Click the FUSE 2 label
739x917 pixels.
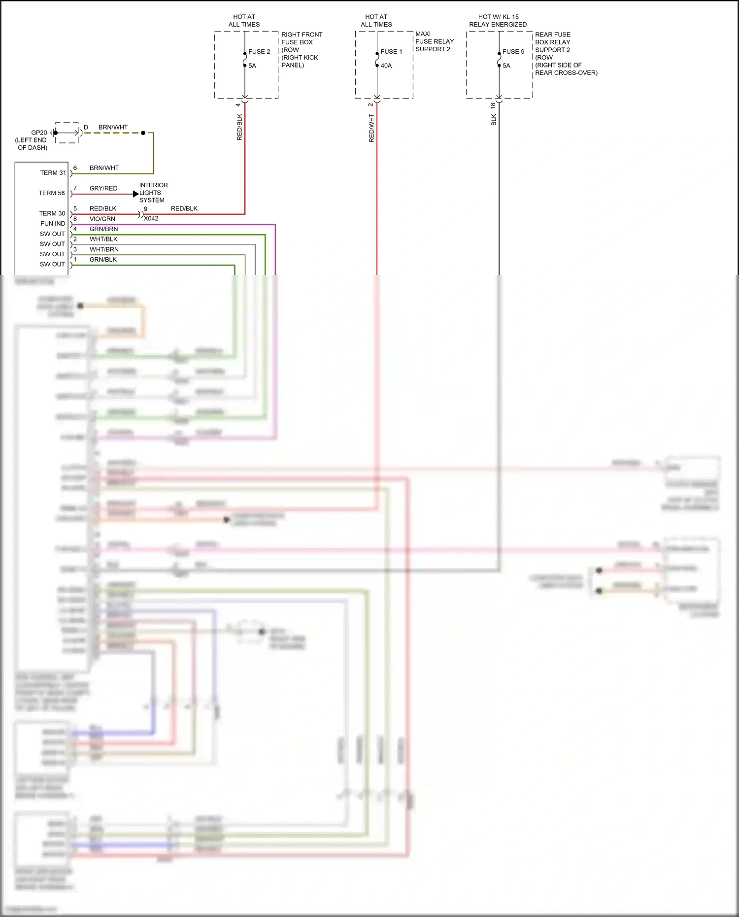click(259, 52)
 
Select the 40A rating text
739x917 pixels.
click(386, 66)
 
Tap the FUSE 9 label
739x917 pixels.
click(513, 52)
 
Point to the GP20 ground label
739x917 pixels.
click(39, 133)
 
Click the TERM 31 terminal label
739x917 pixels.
click(53, 173)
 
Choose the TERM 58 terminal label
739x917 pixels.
click(52, 193)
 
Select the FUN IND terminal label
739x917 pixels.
click(53, 224)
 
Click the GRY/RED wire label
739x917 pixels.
click(103, 188)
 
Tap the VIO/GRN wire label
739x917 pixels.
click(102, 219)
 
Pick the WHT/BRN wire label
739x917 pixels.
click(104, 249)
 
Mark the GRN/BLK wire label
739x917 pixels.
click(103, 260)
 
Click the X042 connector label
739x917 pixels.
click(151, 218)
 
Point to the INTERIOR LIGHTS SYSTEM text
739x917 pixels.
click(153, 193)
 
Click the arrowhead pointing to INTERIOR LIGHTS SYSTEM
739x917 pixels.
click(136, 194)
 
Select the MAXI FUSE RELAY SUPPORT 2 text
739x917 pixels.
click(434, 41)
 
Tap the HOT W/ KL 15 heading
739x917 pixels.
click(498, 17)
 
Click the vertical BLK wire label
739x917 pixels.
click(494, 120)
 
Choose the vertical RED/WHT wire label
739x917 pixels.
click(371, 128)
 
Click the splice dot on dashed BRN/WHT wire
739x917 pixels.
click(143, 133)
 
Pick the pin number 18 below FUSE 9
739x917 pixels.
click(493, 105)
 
